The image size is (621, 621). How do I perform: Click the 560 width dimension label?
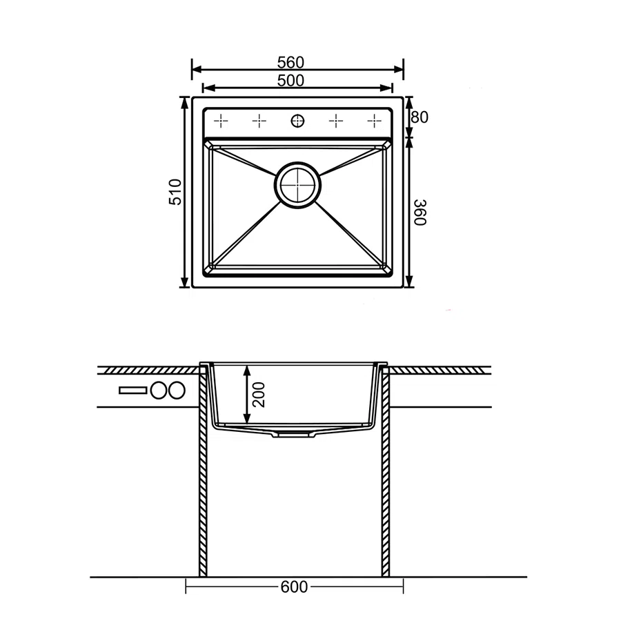coord(290,63)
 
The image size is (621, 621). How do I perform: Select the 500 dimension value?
coord(290,81)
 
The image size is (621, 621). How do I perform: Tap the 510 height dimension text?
coord(175,192)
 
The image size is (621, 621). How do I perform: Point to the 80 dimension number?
coord(420,117)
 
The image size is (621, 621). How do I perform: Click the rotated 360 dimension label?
coord(420,213)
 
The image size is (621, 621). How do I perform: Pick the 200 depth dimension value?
coord(258,395)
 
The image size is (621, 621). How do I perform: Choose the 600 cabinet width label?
coord(294,586)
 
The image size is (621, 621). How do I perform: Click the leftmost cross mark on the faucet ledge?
coord(221,121)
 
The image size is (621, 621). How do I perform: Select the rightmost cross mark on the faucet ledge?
coord(374,121)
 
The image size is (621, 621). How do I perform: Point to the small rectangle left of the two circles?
coord(133,391)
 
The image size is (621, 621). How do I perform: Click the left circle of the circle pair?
coord(159,391)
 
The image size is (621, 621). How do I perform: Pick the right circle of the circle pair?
coord(176,391)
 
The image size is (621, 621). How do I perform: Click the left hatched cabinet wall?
coord(203,471)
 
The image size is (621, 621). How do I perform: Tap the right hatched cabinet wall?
coord(385,471)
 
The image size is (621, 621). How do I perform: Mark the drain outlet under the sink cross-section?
coord(294,435)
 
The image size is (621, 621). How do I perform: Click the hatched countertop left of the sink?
coord(149,371)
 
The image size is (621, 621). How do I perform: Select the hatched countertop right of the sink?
coord(440,371)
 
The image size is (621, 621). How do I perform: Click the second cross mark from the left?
coord(259,121)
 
